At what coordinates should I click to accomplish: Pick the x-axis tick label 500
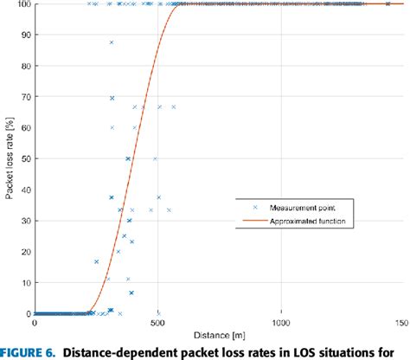click(157, 324)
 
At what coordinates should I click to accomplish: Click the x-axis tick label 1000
click(280, 324)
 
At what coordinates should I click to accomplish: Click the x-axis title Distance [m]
click(219, 334)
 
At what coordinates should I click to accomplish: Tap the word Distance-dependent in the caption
click(125, 351)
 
